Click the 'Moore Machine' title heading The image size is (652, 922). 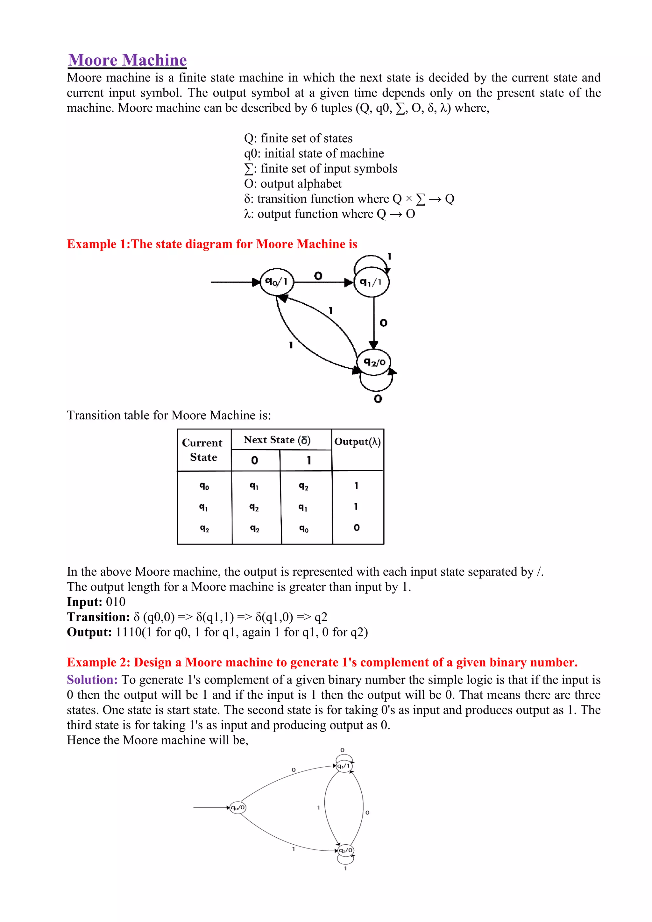[127, 60]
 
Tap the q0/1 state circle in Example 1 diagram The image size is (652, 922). [277, 282]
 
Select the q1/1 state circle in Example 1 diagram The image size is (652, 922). [372, 282]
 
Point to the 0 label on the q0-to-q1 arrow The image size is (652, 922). [318, 276]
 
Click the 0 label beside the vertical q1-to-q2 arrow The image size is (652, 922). [383, 323]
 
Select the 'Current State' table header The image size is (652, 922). [203, 450]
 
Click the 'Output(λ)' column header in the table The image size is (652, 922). [357, 442]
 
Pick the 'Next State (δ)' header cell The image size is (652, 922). [277, 440]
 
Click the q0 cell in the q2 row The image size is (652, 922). [304, 528]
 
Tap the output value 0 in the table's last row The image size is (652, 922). [357, 528]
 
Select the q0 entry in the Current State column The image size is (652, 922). [204, 486]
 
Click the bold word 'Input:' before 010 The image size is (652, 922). [85, 602]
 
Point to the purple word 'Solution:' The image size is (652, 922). [92, 679]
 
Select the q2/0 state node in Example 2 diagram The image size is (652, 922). [346, 850]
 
